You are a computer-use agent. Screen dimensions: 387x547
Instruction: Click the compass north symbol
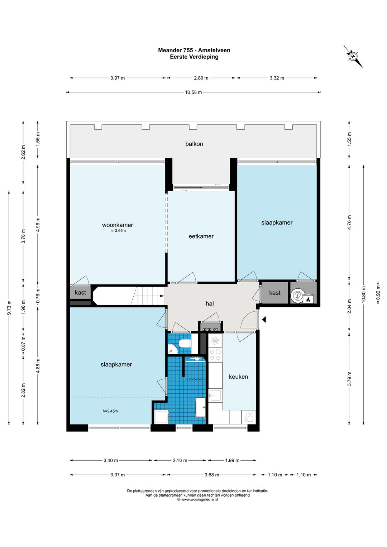[353, 56]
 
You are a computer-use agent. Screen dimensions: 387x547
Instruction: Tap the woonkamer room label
[118, 225]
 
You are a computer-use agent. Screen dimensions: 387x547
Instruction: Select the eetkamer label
[201, 236]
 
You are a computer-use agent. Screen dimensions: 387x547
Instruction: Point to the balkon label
[194, 144]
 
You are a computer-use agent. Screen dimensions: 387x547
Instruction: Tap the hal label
[210, 303]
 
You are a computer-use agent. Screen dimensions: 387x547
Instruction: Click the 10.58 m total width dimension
[193, 92]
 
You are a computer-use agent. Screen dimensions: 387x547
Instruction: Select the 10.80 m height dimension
[364, 295]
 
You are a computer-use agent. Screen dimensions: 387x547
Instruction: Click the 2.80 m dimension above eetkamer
[201, 78]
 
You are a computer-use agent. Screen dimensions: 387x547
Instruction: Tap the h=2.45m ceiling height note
[110, 411]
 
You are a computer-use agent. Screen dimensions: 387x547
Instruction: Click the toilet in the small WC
[185, 344]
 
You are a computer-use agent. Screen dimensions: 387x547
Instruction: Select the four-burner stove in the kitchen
[215, 355]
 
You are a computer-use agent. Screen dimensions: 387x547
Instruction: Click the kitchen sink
[215, 395]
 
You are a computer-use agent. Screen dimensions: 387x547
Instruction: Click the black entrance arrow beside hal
[264, 320]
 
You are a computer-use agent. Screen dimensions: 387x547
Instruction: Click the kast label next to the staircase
[80, 292]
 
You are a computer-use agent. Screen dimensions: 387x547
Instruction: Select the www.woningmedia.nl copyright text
[197, 500]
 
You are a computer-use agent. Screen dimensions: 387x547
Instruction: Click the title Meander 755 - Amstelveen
[194, 50]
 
